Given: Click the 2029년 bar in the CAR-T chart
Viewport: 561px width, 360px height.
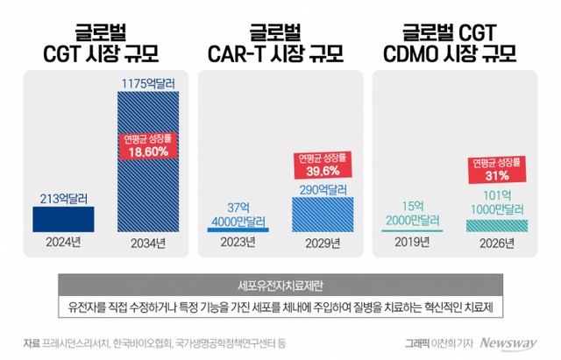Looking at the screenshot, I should [325, 215].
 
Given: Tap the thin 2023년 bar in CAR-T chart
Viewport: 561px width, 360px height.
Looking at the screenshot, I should [236, 229].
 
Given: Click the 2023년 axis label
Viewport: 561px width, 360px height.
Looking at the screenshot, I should [236, 244].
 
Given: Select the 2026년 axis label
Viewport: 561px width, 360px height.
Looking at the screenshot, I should [497, 244].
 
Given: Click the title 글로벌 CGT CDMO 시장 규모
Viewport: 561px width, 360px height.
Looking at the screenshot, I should [455, 40].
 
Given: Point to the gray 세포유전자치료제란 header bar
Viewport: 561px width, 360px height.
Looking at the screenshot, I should [280, 286].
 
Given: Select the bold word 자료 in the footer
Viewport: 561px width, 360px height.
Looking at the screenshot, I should [34, 342].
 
